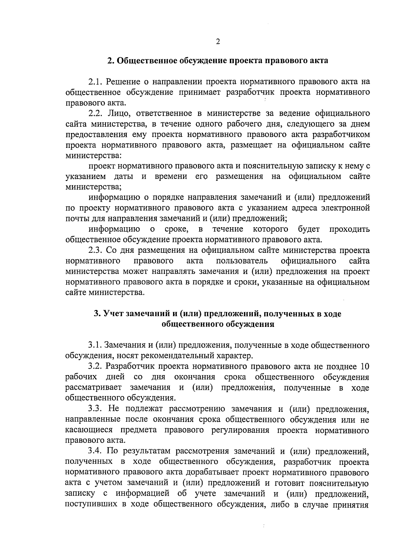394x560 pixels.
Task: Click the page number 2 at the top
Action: tap(217, 42)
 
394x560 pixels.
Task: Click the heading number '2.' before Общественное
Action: tap(110, 61)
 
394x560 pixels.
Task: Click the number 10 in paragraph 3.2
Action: tap(365, 367)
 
